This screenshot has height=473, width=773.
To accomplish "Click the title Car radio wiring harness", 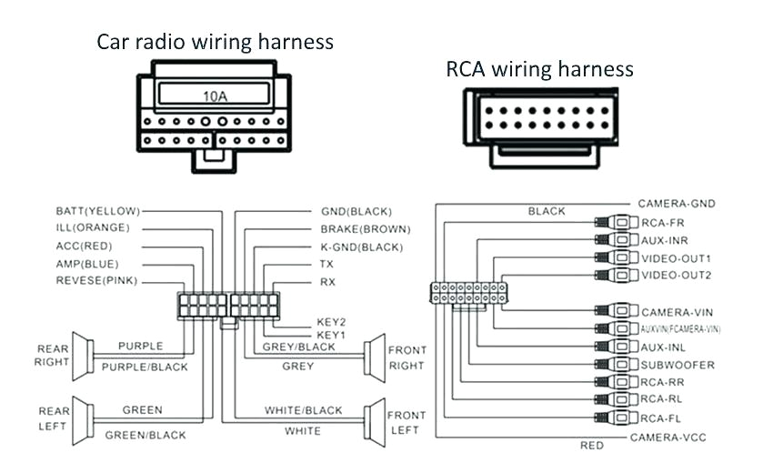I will click(215, 42).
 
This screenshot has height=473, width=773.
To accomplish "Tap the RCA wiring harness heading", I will click(539, 69).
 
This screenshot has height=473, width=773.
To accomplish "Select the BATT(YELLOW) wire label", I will click(97, 210).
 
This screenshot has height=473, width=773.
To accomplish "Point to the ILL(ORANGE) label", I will click(93, 227).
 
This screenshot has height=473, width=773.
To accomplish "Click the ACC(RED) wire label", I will click(85, 246).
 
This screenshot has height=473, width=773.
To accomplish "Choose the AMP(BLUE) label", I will click(88, 263).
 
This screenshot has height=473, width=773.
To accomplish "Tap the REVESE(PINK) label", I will click(96, 280).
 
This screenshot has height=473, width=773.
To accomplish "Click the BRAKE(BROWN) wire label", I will click(365, 228).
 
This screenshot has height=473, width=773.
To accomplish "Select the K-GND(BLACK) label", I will click(361, 247).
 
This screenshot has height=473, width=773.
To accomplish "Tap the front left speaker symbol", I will click(372, 421).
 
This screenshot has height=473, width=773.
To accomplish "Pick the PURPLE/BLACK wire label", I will click(145, 367).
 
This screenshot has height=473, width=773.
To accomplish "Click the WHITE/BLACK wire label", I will click(304, 410).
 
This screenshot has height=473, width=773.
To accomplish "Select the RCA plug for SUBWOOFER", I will click(617, 365).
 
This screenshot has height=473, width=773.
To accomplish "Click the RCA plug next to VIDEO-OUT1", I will click(617, 258).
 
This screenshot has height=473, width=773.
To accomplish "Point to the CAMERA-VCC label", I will click(668, 438).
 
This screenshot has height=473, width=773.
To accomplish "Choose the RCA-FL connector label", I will click(661, 418).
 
